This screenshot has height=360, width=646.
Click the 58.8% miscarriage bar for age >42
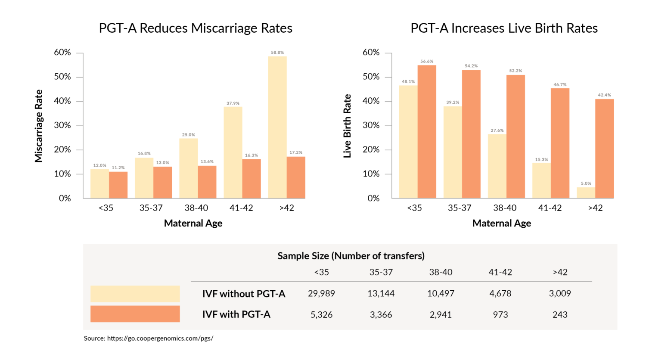pyautogui.click(x=277, y=127)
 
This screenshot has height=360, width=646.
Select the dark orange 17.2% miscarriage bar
pyautogui.click(x=296, y=177)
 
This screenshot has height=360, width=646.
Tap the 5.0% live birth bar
pyautogui.click(x=586, y=193)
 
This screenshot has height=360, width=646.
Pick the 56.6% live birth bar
pyautogui.click(x=427, y=132)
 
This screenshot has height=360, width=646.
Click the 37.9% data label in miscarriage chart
pyautogui.click(x=233, y=103)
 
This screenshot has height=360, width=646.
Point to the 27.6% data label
pyautogui.click(x=497, y=130)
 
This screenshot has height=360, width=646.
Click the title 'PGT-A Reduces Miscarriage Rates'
pyautogui.click(x=196, y=28)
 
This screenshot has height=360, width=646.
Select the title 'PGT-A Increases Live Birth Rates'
pyautogui.click(x=504, y=28)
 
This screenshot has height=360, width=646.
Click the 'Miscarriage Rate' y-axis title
pyautogui.click(x=39, y=126)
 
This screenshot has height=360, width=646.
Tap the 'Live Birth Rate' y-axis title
pyautogui.click(x=347, y=126)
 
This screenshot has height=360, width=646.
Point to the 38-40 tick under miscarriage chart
pyautogui.click(x=196, y=208)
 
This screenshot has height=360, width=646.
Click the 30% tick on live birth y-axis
pyautogui.click(x=371, y=125)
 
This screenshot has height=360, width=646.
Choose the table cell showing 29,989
pyautogui.click(x=321, y=294)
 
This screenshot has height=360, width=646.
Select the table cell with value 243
pyautogui.click(x=560, y=315)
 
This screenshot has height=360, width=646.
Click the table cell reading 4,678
pyautogui.click(x=500, y=294)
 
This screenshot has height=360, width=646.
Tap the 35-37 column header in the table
pyautogui.click(x=381, y=272)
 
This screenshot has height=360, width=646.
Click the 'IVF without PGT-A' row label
pyautogui.click(x=244, y=294)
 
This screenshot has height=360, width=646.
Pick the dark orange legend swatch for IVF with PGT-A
pyautogui.click(x=135, y=314)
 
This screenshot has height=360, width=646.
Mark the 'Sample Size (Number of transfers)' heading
pyautogui.click(x=351, y=256)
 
